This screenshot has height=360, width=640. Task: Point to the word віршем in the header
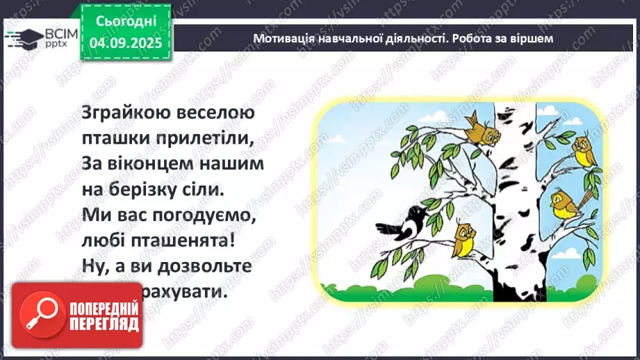pyautogui.click(x=533, y=38)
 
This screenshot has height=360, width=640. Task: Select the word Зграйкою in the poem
pyautogui.click(x=120, y=112)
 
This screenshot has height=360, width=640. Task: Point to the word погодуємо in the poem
pyautogui.click(x=202, y=215)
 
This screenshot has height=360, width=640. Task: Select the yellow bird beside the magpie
pyautogui.click(x=463, y=237)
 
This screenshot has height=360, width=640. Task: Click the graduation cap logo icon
pyautogui.click(x=25, y=38)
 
